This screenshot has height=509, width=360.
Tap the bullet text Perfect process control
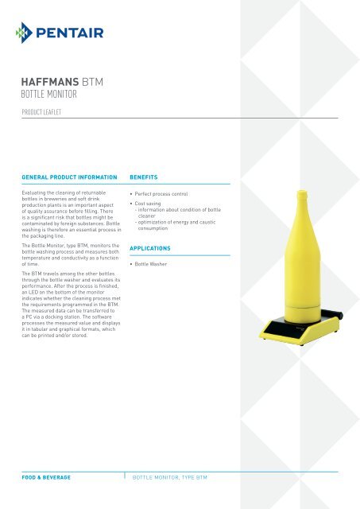pyautogui.click(x=166, y=193)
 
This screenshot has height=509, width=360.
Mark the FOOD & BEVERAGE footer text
pyautogui.click(x=46, y=477)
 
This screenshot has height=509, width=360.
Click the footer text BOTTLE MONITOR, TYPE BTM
pyautogui.click(x=174, y=477)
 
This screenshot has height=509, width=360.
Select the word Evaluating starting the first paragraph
pyautogui.click(x=36, y=193)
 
